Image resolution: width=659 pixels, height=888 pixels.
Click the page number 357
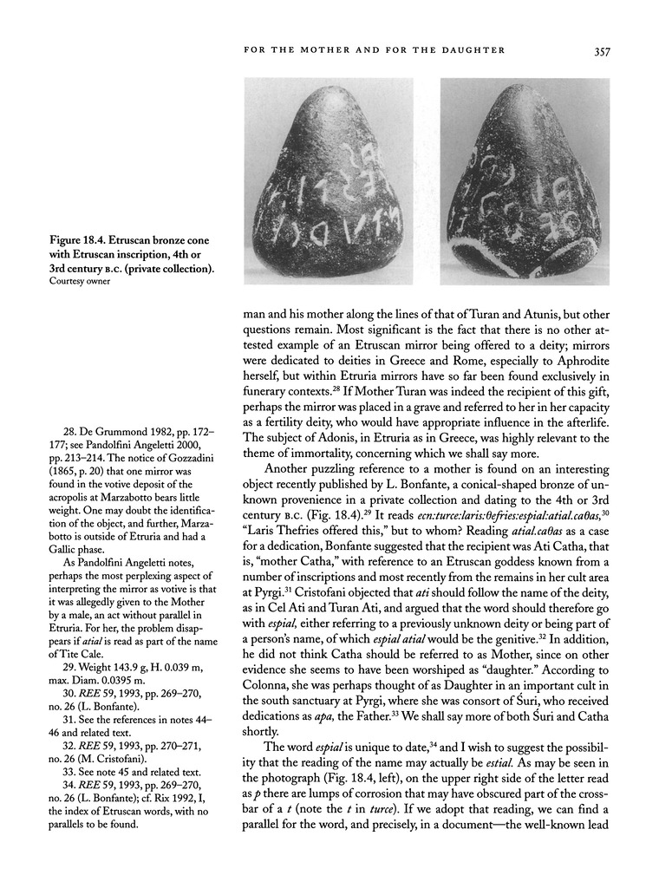pos(604,51)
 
